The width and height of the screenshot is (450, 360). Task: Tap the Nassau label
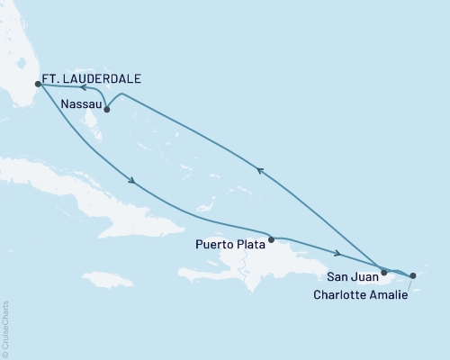point(79,104)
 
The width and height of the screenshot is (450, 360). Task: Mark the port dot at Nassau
point(107,110)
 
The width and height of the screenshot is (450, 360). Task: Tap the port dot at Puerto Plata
point(272,240)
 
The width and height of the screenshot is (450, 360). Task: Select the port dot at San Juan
point(384,271)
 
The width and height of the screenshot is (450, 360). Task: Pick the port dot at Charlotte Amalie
point(413,276)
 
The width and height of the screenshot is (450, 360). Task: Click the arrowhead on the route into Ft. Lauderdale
point(81,88)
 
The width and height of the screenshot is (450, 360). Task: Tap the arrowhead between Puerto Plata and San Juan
point(337,254)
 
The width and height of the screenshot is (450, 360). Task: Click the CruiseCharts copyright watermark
point(5,328)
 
